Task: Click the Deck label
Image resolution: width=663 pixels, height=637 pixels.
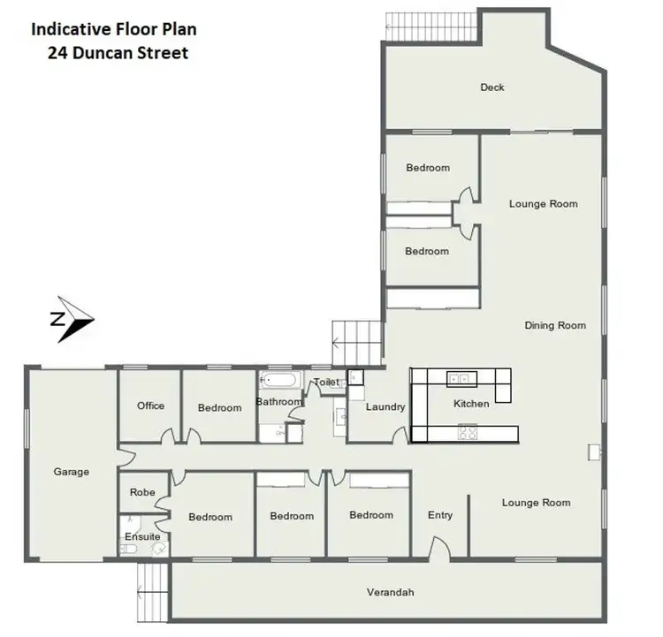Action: coord(492,87)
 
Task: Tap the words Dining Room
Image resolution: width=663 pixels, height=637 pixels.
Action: coord(555,325)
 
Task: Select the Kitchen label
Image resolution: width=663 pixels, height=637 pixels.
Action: coord(471,404)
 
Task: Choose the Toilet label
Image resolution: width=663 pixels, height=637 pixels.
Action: coord(325,383)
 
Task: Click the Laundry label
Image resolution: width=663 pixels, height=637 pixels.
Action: coord(385,407)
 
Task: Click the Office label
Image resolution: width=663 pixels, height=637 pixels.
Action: coord(150,406)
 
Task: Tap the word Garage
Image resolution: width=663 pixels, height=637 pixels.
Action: coord(71,472)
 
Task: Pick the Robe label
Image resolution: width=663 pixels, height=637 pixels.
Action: coord(141,493)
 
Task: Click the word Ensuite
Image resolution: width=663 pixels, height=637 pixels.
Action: coord(141,536)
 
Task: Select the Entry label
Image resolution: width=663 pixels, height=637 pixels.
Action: coord(439,516)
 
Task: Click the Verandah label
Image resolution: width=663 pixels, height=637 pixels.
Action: coord(390,592)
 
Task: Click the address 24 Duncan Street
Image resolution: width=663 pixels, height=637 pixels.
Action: coord(118,53)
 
